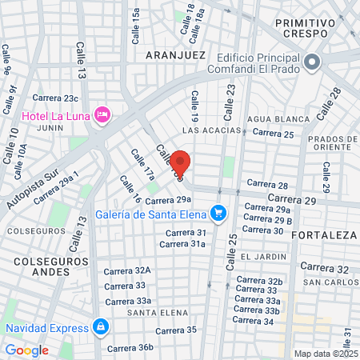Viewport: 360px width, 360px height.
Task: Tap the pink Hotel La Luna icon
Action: point(102,114)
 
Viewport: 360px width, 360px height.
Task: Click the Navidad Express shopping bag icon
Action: point(100,326)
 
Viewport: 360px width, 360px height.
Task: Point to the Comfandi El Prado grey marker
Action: point(311,62)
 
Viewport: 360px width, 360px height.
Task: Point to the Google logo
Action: point(26,350)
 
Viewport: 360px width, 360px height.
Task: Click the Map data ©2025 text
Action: point(326,354)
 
